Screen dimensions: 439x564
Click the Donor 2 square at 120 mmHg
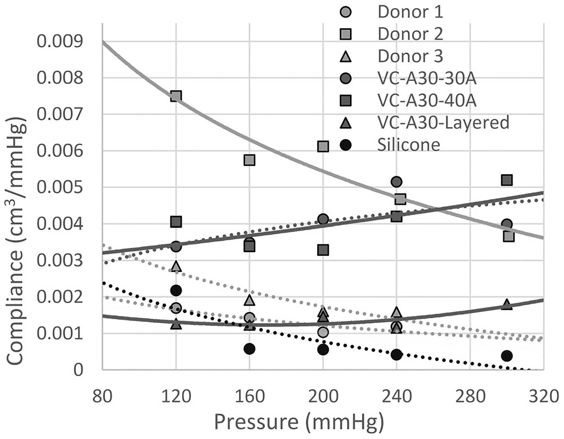pyautogui.click(x=176, y=96)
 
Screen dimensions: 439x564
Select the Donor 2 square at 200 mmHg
pyautogui.click(x=323, y=146)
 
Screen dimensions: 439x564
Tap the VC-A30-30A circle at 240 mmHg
pyautogui.click(x=396, y=182)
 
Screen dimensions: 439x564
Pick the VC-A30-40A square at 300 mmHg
pyautogui.click(x=506, y=180)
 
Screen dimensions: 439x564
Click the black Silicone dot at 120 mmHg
pyautogui.click(x=176, y=290)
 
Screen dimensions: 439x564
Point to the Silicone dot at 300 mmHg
pyautogui.click(x=506, y=356)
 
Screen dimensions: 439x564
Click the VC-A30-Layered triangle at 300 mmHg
pyautogui.click(x=506, y=305)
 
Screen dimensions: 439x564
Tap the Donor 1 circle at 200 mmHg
pyautogui.click(x=323, y=332)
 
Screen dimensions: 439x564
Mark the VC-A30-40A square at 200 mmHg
pyautogui.click(x=323, y=250)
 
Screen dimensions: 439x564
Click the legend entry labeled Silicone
pyautogui.click(x=408, y=145)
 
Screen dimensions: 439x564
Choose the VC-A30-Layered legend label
pyautogui.click(x=443, y=122)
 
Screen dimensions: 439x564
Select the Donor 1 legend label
pyautogui.click(x=410, y=12)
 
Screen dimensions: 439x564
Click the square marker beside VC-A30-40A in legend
pyautogui.click(x=345, y=101)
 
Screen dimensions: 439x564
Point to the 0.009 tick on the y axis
pyautogui.click(x=60, y=41)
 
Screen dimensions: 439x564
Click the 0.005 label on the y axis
pyautogui.click(x=60, y=187)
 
